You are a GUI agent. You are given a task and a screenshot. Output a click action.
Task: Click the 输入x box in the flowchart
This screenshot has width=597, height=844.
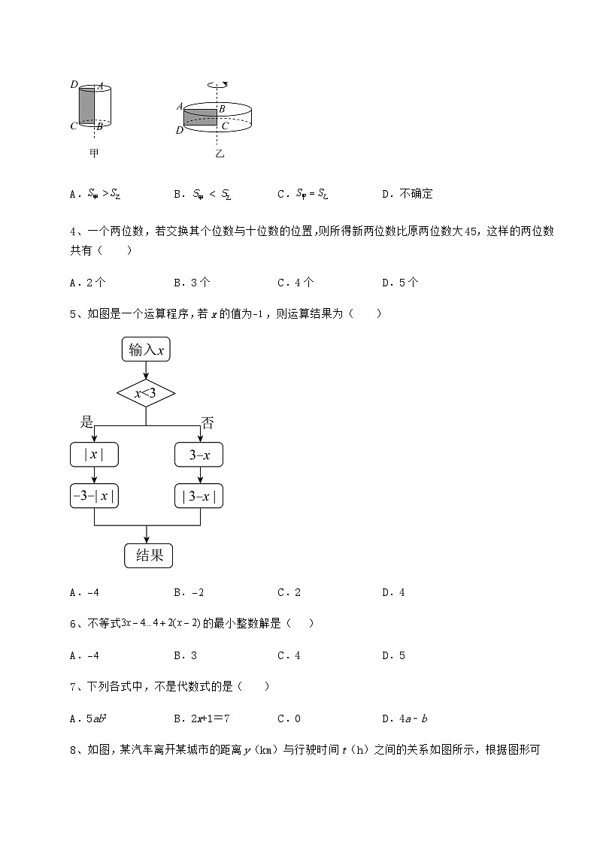pyautogui.click(x=146, y=349)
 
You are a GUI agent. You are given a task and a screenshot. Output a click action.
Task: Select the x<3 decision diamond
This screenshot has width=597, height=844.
pyautogui.click(x=146, y=393)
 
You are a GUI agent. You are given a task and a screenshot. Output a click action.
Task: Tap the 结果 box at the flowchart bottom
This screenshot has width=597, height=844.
pyautogui.click(x=148, y=555)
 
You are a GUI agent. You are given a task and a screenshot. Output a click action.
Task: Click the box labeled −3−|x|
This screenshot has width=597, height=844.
pyautogui.click(x=94, y=496)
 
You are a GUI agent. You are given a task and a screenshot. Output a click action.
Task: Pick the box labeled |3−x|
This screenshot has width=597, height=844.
pyautogui.click(x=199, y=496)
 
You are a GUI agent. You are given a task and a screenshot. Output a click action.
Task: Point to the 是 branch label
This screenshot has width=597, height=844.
pyautogui.click(x=86, y=422)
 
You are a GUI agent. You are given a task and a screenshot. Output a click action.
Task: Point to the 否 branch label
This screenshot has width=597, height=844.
pyautogui.click(x=208, y=423)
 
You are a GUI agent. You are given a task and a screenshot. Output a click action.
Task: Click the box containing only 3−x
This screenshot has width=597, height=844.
pyautogui.click(x=199, y=455)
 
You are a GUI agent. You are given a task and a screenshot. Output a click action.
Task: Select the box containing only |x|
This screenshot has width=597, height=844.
pyautogui.click(x=94, y=455)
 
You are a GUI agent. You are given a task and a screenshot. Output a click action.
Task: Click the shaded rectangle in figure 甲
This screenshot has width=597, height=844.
pyautogui.click(x=87, y=104)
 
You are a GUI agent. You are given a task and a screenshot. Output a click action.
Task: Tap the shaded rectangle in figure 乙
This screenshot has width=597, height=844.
pyautogui.click(x=200, y=116)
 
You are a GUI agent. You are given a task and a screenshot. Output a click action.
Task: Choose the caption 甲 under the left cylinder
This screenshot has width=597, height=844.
pyautogui.click(x=94, y=153)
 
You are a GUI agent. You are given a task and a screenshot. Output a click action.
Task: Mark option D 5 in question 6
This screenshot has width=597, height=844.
pyautogui.click(x=394, y=655)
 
